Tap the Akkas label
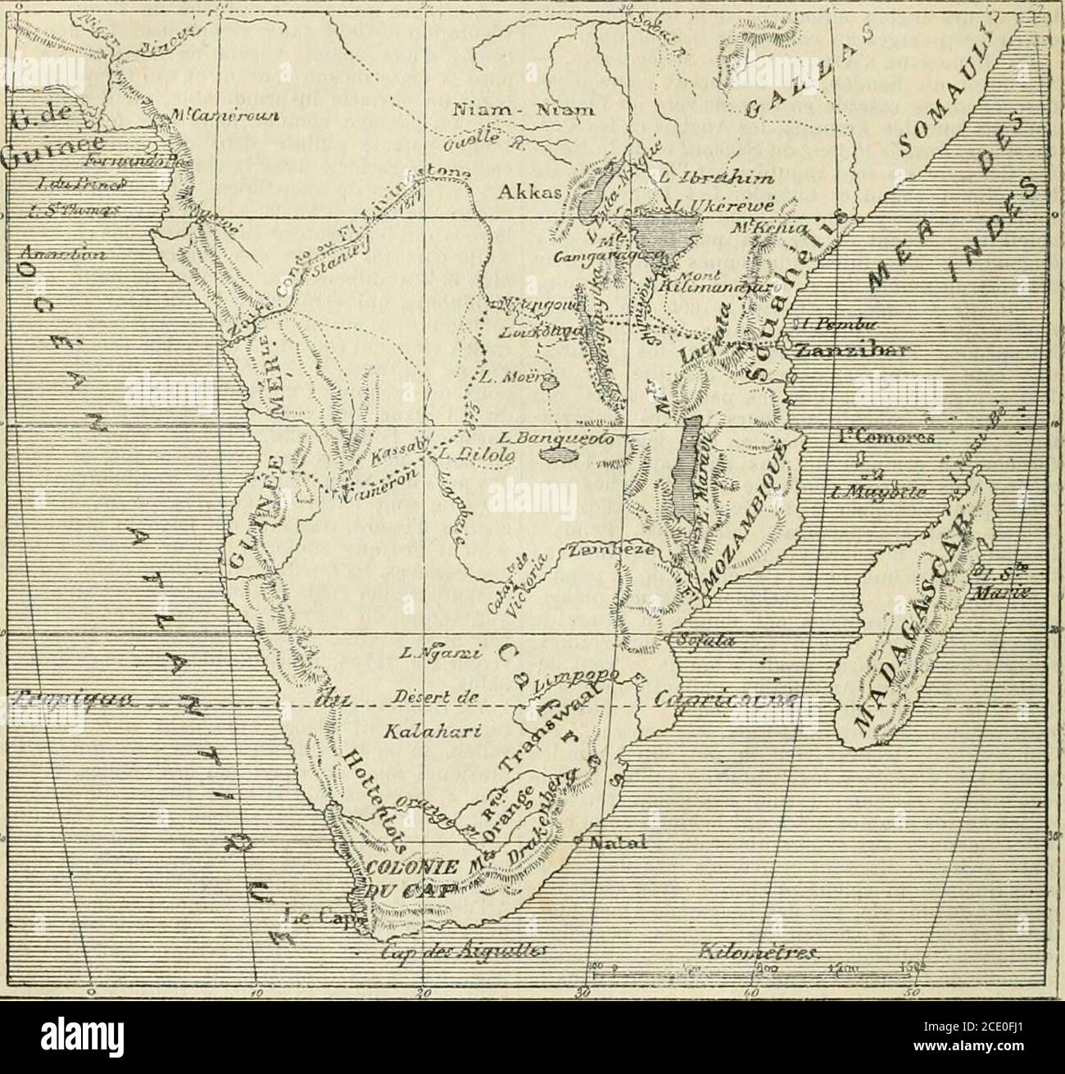click(x=524, y=195)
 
